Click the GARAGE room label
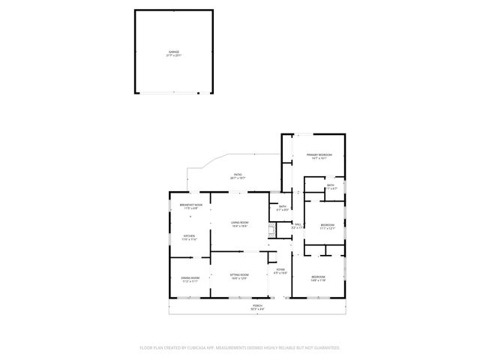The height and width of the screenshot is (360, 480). (x=173, y=51)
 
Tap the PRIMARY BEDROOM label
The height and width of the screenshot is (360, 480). (x=319, y=155)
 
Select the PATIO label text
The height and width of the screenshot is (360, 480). (x=237, y=175)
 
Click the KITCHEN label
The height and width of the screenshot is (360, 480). (x=189, y=235)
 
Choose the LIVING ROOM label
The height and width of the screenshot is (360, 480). (x=239, y=222)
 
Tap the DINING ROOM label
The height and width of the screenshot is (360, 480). (x=189, y=277)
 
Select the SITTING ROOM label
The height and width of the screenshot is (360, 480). (x=238, y=274)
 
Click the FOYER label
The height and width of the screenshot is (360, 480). (x=280, y=269)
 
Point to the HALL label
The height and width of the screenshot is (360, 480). (x=298, y=224)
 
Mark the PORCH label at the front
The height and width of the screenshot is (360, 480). (x=257, y=305)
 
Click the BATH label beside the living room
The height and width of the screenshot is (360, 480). (x=283, y=206)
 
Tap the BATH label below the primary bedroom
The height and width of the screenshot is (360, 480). (x=330, y=184)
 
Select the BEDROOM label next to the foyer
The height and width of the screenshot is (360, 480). (x=319, y=277)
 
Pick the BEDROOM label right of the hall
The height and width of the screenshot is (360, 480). (x=328, y=224)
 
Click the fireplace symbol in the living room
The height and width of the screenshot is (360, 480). (x=272, y=234)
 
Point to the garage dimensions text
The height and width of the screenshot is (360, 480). (x=173, y=55)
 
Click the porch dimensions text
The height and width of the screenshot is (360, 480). (x=257, y=309)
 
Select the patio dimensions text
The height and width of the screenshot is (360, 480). (x=237, y=178)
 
